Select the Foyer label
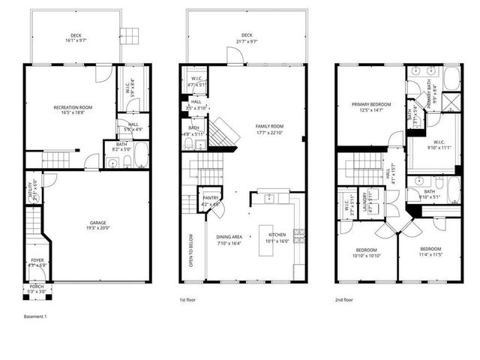pyautogui.click(x=37, y=262)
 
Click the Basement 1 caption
pyautogui.click(x=34, y=316)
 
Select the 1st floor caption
pyautogui.click(x=188, y=300)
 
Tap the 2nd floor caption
pyautogui.click(x=344, y=300)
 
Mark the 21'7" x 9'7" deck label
pyautogui.click(x=247, y=37)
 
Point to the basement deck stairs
pyautogui.click(x=132, y=34)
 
